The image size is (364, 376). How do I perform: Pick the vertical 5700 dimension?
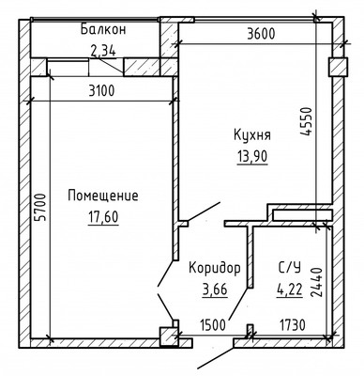[x=12, y=219]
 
